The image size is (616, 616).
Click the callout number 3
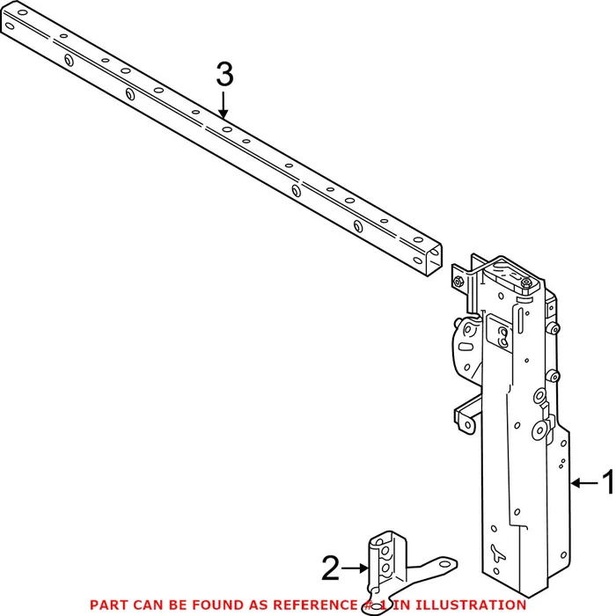coord(224,75)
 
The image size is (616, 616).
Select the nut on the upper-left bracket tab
coord(460,282)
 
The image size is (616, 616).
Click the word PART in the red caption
coord(107,605)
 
